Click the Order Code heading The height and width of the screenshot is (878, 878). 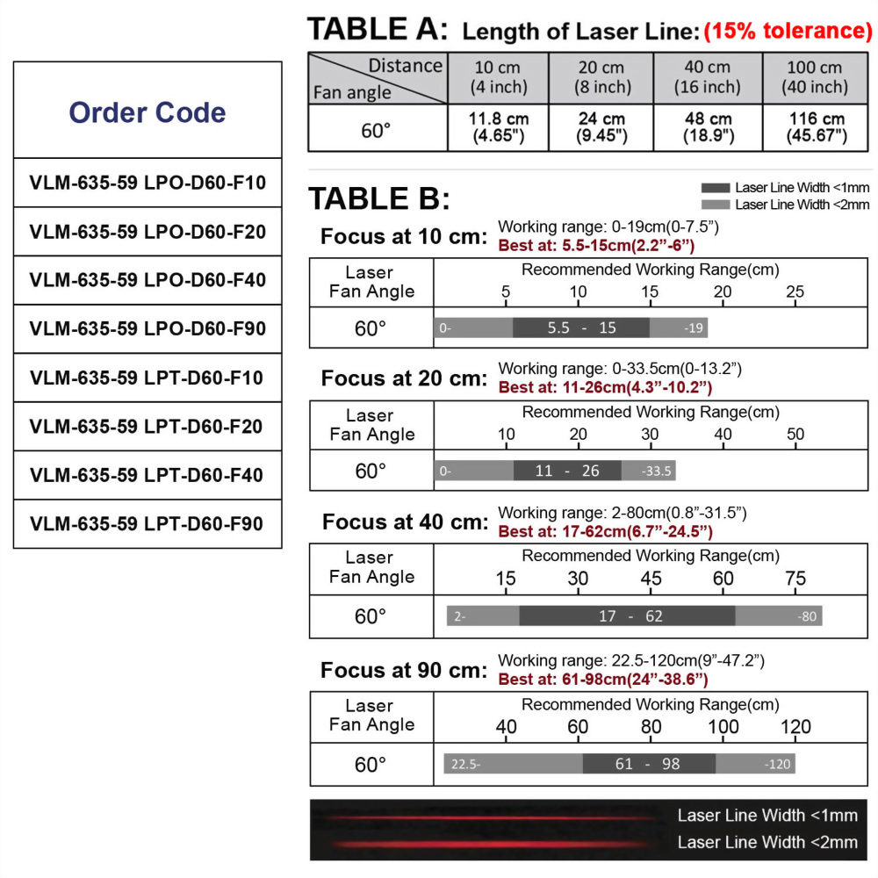pos(148,112)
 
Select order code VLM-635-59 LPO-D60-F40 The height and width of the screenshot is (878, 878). pos(148,280)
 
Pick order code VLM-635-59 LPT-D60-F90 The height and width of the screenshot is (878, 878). pos(148,524)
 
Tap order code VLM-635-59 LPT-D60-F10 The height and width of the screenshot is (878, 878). pos(148,378)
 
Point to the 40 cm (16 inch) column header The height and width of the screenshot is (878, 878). pos(707,77)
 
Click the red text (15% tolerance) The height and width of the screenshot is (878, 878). pos(788,32)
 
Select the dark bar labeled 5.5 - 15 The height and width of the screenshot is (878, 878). pos(581,327)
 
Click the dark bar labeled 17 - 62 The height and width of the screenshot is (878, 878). pos(627,615)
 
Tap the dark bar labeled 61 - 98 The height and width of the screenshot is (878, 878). pos(648,764)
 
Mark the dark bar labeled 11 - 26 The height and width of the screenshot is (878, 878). pos(567,471)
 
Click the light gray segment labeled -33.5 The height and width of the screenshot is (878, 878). pos(649,471)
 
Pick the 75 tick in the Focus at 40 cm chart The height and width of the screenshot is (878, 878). pos(795,578)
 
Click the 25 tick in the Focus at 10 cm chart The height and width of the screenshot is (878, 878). pos(795,291)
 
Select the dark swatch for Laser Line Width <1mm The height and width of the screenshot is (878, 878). pos(716,188)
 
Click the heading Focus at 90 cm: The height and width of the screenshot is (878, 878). pos(403,671)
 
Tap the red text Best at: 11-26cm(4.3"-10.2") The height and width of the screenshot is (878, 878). pos(605,386)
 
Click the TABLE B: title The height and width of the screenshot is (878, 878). pos(378,199)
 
